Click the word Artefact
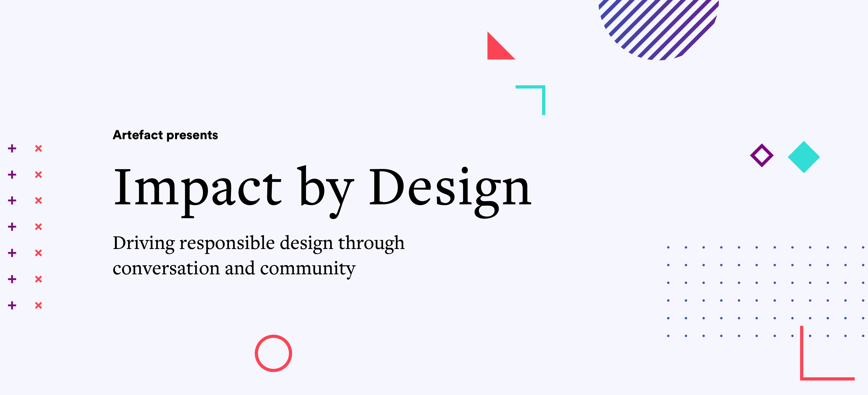click(138, 135)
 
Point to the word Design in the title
click(450, 192)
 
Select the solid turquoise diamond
click(804, 157)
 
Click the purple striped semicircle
click(659, 30)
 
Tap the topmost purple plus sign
click(12, 148)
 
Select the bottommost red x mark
click(38, 305)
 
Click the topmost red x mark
click(38, 148)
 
